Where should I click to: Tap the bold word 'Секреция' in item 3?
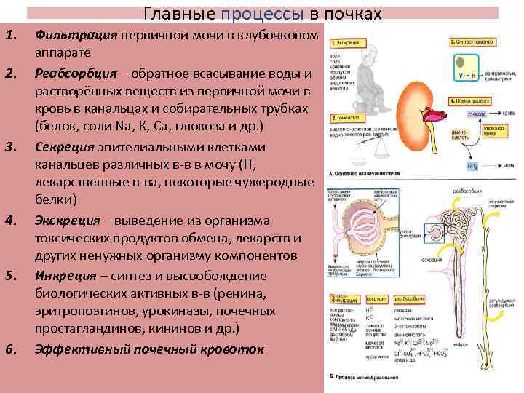[62, 146]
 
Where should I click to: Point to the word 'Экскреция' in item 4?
[65, 220]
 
